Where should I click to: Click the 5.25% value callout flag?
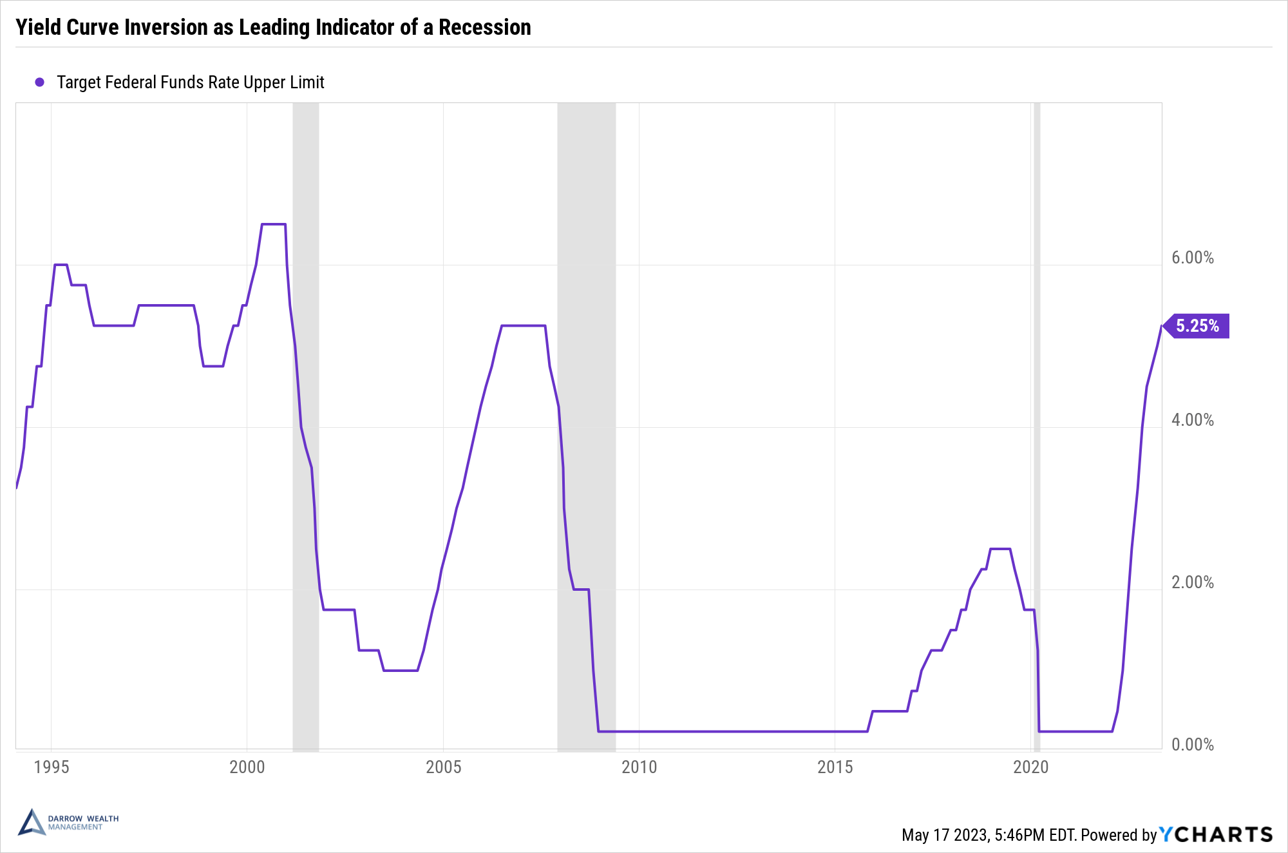click(x=1197, y=326)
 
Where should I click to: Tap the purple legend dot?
click(x=39, y=82)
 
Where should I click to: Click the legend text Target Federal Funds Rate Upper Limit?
click(x=190, y=82)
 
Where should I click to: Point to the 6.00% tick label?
click(x=1192, y=258)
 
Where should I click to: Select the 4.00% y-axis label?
click(x=1192, y=420)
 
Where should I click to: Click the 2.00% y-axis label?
click(x=1192, y=582)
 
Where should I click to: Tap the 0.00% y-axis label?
click(x=1192, y=745)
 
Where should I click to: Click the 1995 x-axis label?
click(x=52, y=767)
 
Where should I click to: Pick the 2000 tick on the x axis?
click(x=247, y=767)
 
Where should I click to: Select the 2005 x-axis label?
click(x=443, y=767)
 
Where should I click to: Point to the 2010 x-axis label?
click(x=639, y=767)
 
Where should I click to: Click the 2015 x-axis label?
click(x=835, y=767)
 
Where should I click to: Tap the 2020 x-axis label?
click(x=1030, y=767)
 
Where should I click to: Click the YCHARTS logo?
click(x=1216, y=834)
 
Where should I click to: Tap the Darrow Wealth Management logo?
click(x=68, y=823)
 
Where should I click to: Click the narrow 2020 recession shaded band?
click(x=1037, y=387)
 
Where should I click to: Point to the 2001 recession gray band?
click(x=306, y=387)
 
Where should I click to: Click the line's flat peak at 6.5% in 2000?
click(x=274, y=224)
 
